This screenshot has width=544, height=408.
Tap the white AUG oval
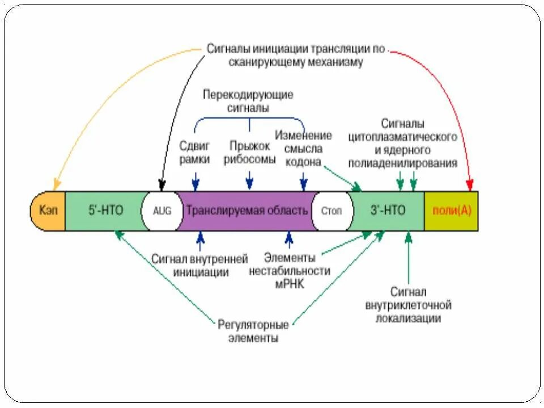(x=161, y=210)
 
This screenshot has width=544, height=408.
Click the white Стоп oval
(x=331, y=210)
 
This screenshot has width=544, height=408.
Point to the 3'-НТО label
(x=388, y=210)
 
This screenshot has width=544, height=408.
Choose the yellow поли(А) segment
(x=451, y=210)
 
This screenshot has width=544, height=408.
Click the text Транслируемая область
(x=247, y=210)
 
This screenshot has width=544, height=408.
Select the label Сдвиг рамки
(x=195, y=152)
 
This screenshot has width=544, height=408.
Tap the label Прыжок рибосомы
(x=249, y=152)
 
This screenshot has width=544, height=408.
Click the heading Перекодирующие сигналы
(x=248, y=101)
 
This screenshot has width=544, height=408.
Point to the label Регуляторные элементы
(x=253, y=331)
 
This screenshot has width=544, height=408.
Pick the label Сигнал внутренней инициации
(x=199, y=265)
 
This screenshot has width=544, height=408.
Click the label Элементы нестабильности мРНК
(x=290, y=271)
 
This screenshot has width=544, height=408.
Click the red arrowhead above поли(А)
(x=469, y=185)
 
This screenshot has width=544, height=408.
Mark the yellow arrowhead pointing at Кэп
(x=56, y=185)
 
